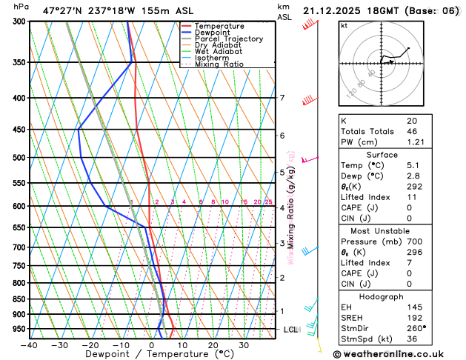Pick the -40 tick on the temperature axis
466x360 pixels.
tap(29, 344)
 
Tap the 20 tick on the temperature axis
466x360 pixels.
tap(213, 344)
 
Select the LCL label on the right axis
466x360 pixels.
tap(290, 329)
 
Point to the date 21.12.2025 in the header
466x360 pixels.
tap(330, 10)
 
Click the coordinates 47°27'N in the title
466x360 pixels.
tap(62, 10)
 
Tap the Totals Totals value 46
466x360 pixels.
tap(412, 130)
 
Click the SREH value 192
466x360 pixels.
tap(413, 317)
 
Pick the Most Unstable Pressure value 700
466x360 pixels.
tap(413, 241)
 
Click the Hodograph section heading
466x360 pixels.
tap(397, 296)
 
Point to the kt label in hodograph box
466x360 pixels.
tap(344, 25)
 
